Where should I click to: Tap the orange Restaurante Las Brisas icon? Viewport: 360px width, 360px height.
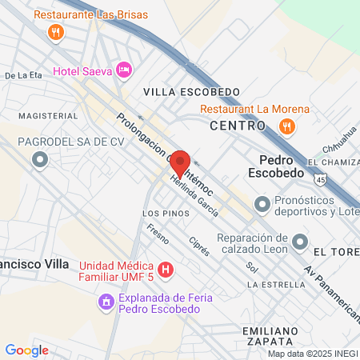click(55, 32)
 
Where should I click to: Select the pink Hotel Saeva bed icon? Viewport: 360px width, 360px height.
click(124, 70)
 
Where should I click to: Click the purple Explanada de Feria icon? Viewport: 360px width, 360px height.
click(106, 301)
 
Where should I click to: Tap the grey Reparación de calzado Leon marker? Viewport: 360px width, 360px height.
click(299, 241)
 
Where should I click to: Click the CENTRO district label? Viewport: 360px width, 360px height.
click(238, 126)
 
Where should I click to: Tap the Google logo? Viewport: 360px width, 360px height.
click(26, 350)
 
